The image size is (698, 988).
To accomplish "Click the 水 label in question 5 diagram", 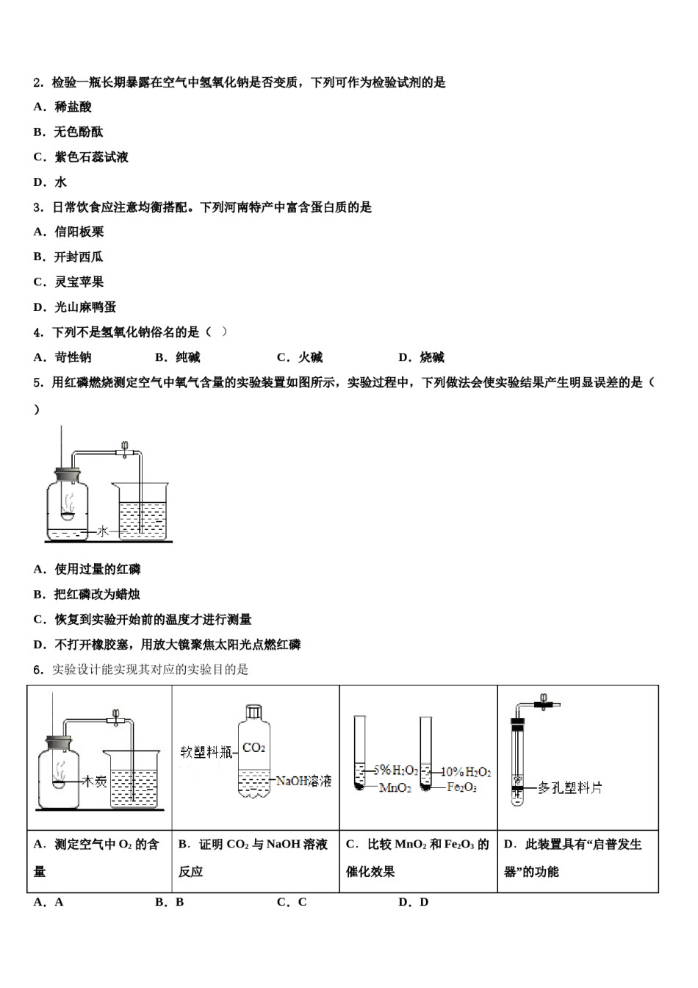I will (x=103, y=531).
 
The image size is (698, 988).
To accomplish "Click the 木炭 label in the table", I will (x=95, y=781).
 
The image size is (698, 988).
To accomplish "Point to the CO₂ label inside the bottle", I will (x=253, y=748).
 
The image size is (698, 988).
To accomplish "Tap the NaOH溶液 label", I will (x=303, y=781).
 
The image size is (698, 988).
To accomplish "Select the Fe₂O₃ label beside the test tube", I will (x=461, y=787).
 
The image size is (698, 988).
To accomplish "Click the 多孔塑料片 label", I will (x=569, y=788).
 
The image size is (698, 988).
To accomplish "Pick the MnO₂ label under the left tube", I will (x=395, y=788).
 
